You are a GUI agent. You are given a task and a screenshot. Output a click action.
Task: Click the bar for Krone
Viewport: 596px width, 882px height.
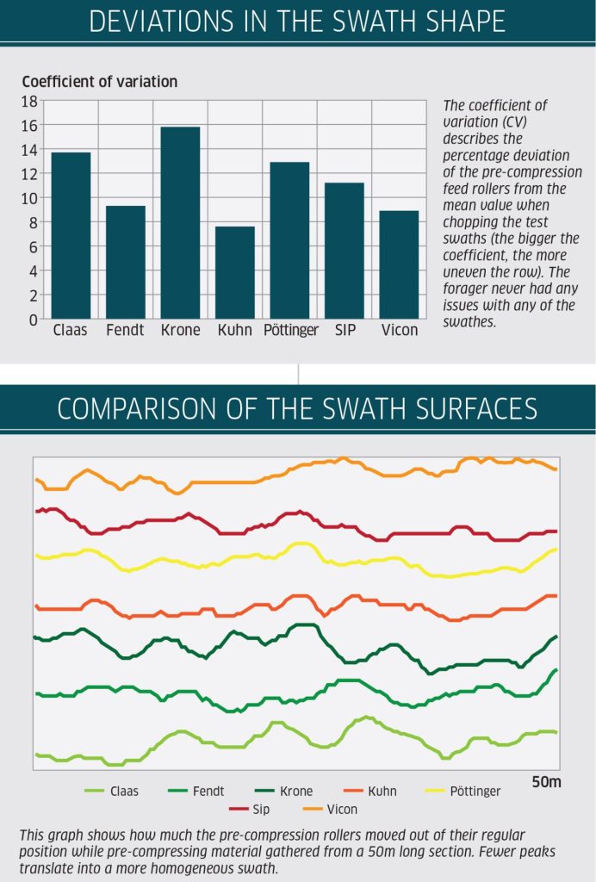pyautogui.click(x=180, y=223)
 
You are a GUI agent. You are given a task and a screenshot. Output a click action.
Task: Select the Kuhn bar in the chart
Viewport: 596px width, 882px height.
pyautogui.click(x=235, y=272)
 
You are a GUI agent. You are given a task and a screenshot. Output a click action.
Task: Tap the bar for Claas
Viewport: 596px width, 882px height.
pyautogui.click(x=71, y=235)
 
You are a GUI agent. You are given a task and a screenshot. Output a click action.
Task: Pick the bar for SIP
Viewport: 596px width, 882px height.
pyautogui.click(x=345, y=251)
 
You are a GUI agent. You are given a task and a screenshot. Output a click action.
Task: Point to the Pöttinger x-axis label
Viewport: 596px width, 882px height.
pyautogui.click(x=290, y=331)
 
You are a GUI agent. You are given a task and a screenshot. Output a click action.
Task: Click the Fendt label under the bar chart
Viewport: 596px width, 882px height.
pyautogui.click(x=125, y=331)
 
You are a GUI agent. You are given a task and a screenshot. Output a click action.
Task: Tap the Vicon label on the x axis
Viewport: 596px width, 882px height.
pyautogui.click(x=400, y=331)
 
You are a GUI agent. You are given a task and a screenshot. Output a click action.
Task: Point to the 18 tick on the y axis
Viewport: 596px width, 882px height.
pyautogui.click(x=29, y=101)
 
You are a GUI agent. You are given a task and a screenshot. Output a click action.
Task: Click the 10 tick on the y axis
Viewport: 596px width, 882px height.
pyautogui.click(x=29, y=198)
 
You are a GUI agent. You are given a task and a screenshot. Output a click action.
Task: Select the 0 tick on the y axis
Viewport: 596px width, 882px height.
pyautogui.click(x=33, y=320)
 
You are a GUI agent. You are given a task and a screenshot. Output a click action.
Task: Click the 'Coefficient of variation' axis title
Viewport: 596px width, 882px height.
pyautogui.click(x=99, y=82)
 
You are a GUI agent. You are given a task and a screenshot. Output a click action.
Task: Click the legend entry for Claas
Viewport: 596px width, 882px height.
pyautogui.click(x=124, y=791)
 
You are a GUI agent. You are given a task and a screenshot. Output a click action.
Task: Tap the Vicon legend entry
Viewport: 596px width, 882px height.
pyautogui.click(x=342, y=810)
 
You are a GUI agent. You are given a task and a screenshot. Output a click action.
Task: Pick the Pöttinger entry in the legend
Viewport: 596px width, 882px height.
pyautogui.click(x=475, y=791)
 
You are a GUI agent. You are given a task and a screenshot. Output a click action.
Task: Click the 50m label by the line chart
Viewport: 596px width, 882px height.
pyautogui.click(x=546, y=783)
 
